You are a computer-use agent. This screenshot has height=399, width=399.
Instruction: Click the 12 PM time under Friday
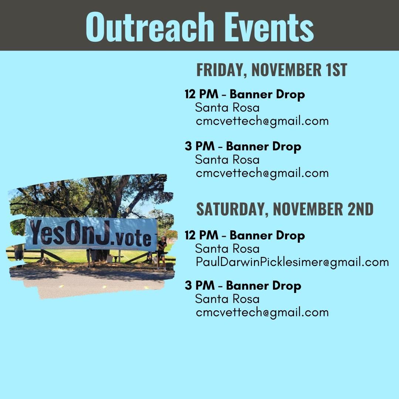(201, 94)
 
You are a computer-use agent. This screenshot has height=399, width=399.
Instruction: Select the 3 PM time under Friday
(199, 146)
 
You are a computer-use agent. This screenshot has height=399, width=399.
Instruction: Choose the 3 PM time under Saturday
(199, 286)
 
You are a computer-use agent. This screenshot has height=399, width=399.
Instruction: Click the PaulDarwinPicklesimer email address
(292, 262)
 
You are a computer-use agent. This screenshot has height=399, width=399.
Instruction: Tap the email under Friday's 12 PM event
(262, 121)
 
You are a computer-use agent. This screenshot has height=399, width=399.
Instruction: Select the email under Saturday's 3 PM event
(262, 312)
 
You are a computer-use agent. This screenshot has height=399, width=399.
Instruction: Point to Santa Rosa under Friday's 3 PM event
(227, 160)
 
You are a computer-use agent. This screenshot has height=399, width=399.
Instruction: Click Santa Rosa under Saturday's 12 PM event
(227, 249)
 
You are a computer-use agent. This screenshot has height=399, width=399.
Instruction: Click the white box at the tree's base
(110, 259)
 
